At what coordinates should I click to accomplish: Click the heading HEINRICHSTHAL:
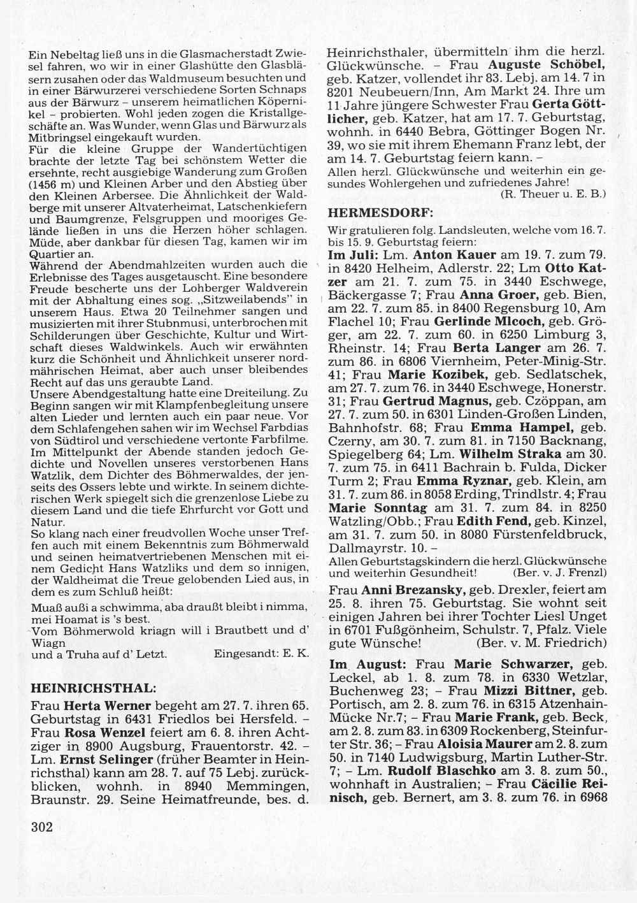93,688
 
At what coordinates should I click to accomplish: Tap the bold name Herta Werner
108,706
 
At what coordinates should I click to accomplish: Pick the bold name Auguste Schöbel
547,65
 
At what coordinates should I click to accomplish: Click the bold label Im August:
361,664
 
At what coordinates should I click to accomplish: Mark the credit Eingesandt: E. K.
261,654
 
